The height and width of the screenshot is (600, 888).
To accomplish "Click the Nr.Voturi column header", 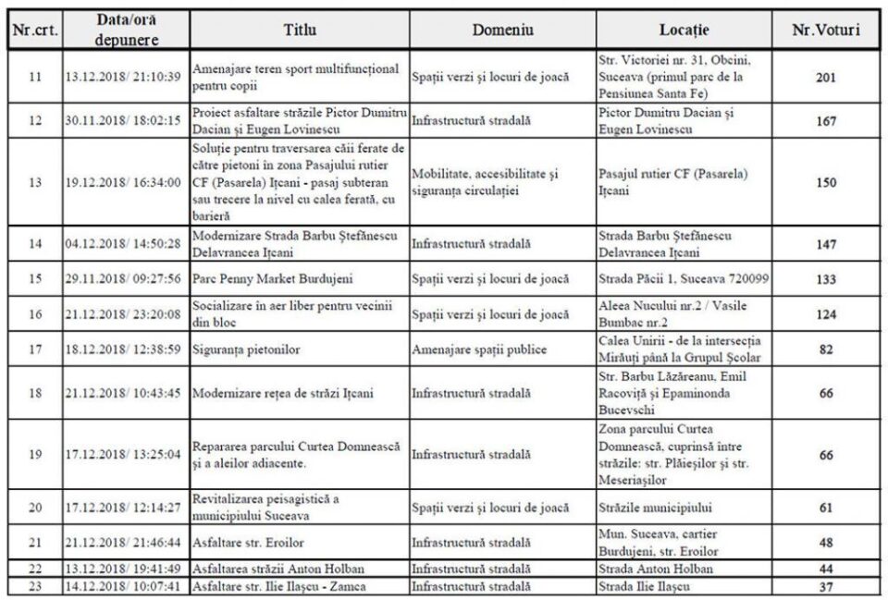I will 826,30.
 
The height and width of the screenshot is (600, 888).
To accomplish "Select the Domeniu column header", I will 502,30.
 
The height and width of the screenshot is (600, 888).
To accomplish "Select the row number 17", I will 34,350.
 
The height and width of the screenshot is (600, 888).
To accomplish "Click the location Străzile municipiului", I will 657,508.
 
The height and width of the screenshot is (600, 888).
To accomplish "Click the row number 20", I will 34,508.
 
